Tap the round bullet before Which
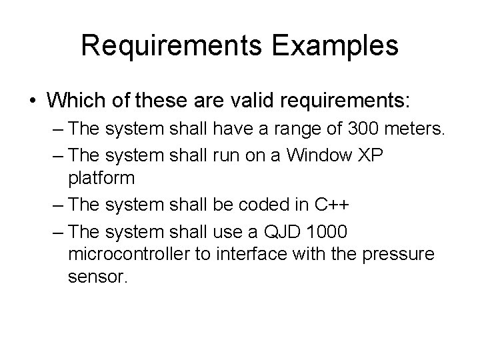[33, 102]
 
